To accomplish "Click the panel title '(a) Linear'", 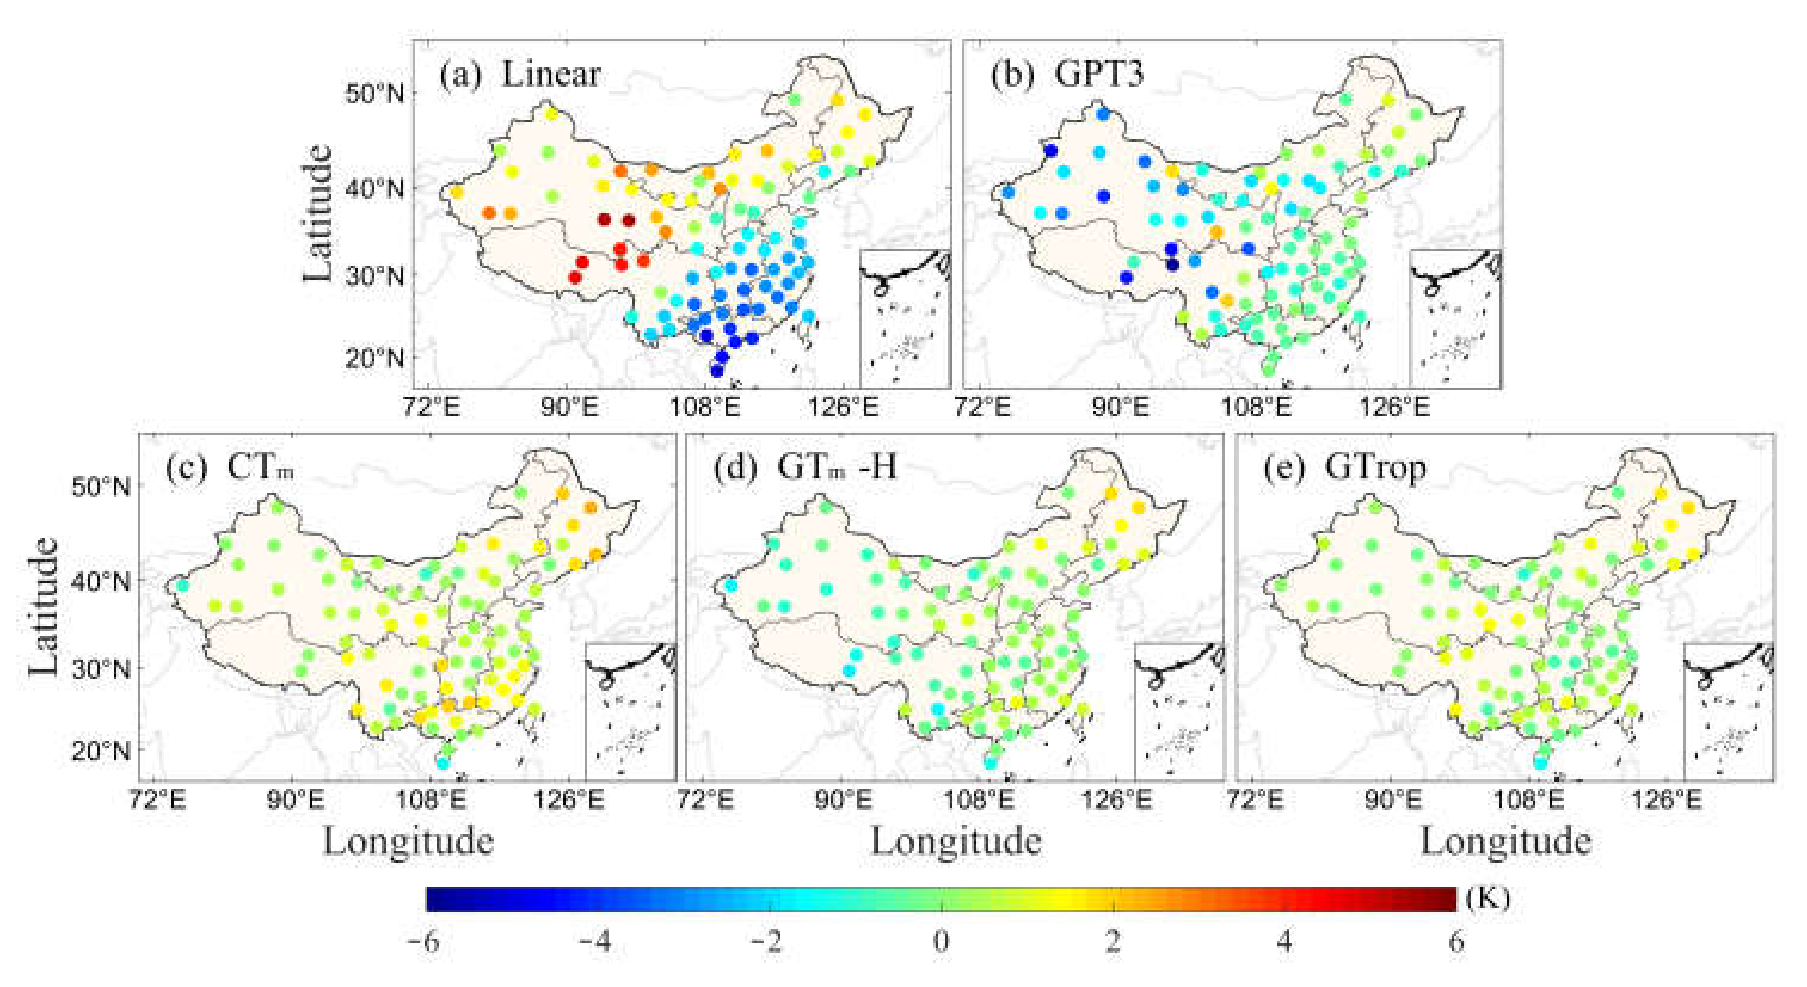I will (520, 75).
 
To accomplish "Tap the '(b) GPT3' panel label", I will (1067, 75).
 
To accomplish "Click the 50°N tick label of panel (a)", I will (374, 93).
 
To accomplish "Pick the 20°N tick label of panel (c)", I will (101, 751).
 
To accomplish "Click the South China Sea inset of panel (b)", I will (1455, 317).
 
